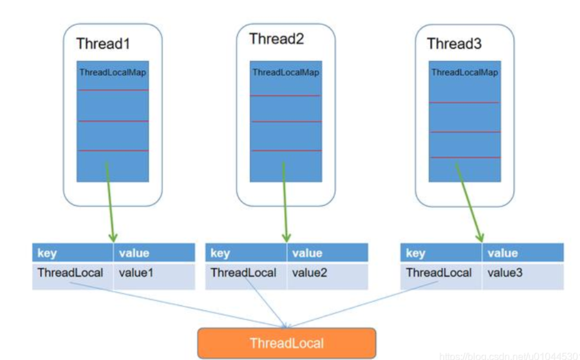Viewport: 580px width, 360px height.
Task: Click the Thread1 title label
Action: pos(103,44)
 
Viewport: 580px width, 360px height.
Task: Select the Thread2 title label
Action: pos(276,39)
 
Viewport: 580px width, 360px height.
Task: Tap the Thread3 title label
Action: pos(454,44)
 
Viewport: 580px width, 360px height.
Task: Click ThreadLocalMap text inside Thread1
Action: pos(113,72)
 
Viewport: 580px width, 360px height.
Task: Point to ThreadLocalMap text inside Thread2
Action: pos(285,72)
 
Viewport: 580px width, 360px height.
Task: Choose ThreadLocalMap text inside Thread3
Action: pos(465,72)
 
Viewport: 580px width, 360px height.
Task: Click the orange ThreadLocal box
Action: pos(287,343)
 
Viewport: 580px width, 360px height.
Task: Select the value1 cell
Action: pos(154,276)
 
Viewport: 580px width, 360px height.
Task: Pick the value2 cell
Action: pos(327,276)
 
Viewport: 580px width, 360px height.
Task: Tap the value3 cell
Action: pos(523,276)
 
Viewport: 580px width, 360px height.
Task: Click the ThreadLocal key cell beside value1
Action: pos(72,276)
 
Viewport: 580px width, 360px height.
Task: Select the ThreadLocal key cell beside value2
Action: pos(245,276)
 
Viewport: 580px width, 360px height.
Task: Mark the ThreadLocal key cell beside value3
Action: pos(441,276)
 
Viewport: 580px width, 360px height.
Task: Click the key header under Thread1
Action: pos(72,253)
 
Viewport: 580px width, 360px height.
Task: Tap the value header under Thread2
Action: pos(327,253)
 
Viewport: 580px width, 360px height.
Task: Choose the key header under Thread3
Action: pos(441,253)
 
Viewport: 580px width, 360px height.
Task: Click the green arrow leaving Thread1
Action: pos(110,202)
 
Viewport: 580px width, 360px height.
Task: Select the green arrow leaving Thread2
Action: pos(285,202)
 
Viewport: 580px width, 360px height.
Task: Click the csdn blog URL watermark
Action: pos(510,356)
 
